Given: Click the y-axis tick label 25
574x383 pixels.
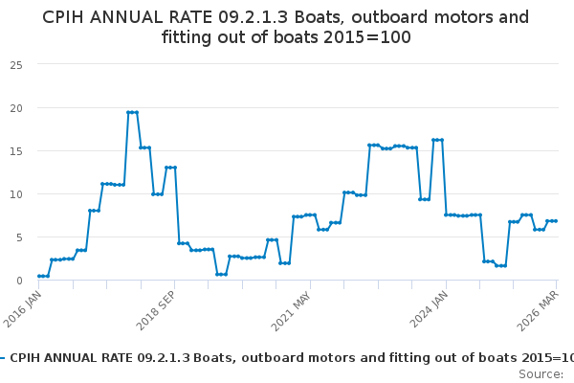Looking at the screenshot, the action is (x=16, y=65).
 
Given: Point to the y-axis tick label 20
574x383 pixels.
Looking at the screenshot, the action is (x=16, y=108).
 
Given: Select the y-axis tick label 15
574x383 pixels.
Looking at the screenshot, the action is (x=16, y=151).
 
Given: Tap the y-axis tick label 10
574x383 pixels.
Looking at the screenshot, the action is (x=16, y=194).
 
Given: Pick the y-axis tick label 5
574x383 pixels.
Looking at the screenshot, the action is (x=19, y=237).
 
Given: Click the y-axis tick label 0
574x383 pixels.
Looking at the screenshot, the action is (x=19, y=281).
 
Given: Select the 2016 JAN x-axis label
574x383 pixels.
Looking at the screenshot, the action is (x=23, y=309).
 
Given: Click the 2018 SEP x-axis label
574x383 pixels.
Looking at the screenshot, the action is (x=157, y=311).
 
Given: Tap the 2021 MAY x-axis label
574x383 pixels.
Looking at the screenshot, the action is (x=292, y=311).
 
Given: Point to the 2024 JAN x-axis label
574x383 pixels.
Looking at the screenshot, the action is (x=429, y=309).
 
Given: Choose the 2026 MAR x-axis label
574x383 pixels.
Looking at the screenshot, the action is (x=538, y=311).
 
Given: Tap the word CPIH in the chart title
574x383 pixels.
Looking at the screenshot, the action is (x=62, y=17).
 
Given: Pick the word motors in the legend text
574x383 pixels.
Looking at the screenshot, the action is (x=332, y=358).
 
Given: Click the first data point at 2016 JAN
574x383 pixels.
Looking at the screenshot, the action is (x=39, y=276).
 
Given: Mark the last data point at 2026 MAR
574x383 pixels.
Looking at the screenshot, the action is (x=556, y=221).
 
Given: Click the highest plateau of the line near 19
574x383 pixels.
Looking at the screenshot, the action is (x=133, y=113).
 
